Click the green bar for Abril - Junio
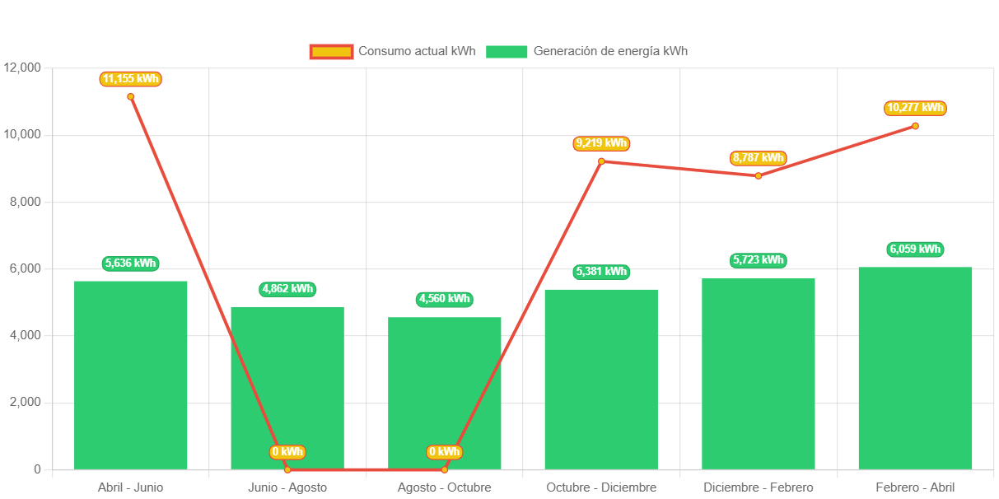[130, 375]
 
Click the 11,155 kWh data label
[130, 79]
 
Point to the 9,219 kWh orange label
[601, 143]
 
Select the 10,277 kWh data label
[915, 108]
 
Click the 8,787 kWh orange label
[759, 158]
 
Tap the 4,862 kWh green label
[287, 289]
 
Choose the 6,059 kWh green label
[915, 249]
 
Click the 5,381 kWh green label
[601, 272]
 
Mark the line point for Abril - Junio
[130, 96]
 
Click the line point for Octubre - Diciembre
[601, 161]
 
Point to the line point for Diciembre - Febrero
[759, 175]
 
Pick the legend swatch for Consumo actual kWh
[331, 51]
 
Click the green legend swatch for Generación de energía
[507, 51]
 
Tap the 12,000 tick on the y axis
[22, 67]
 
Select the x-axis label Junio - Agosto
[287, 487]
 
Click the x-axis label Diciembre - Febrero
[759, 487]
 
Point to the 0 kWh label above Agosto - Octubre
[445, 452]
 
